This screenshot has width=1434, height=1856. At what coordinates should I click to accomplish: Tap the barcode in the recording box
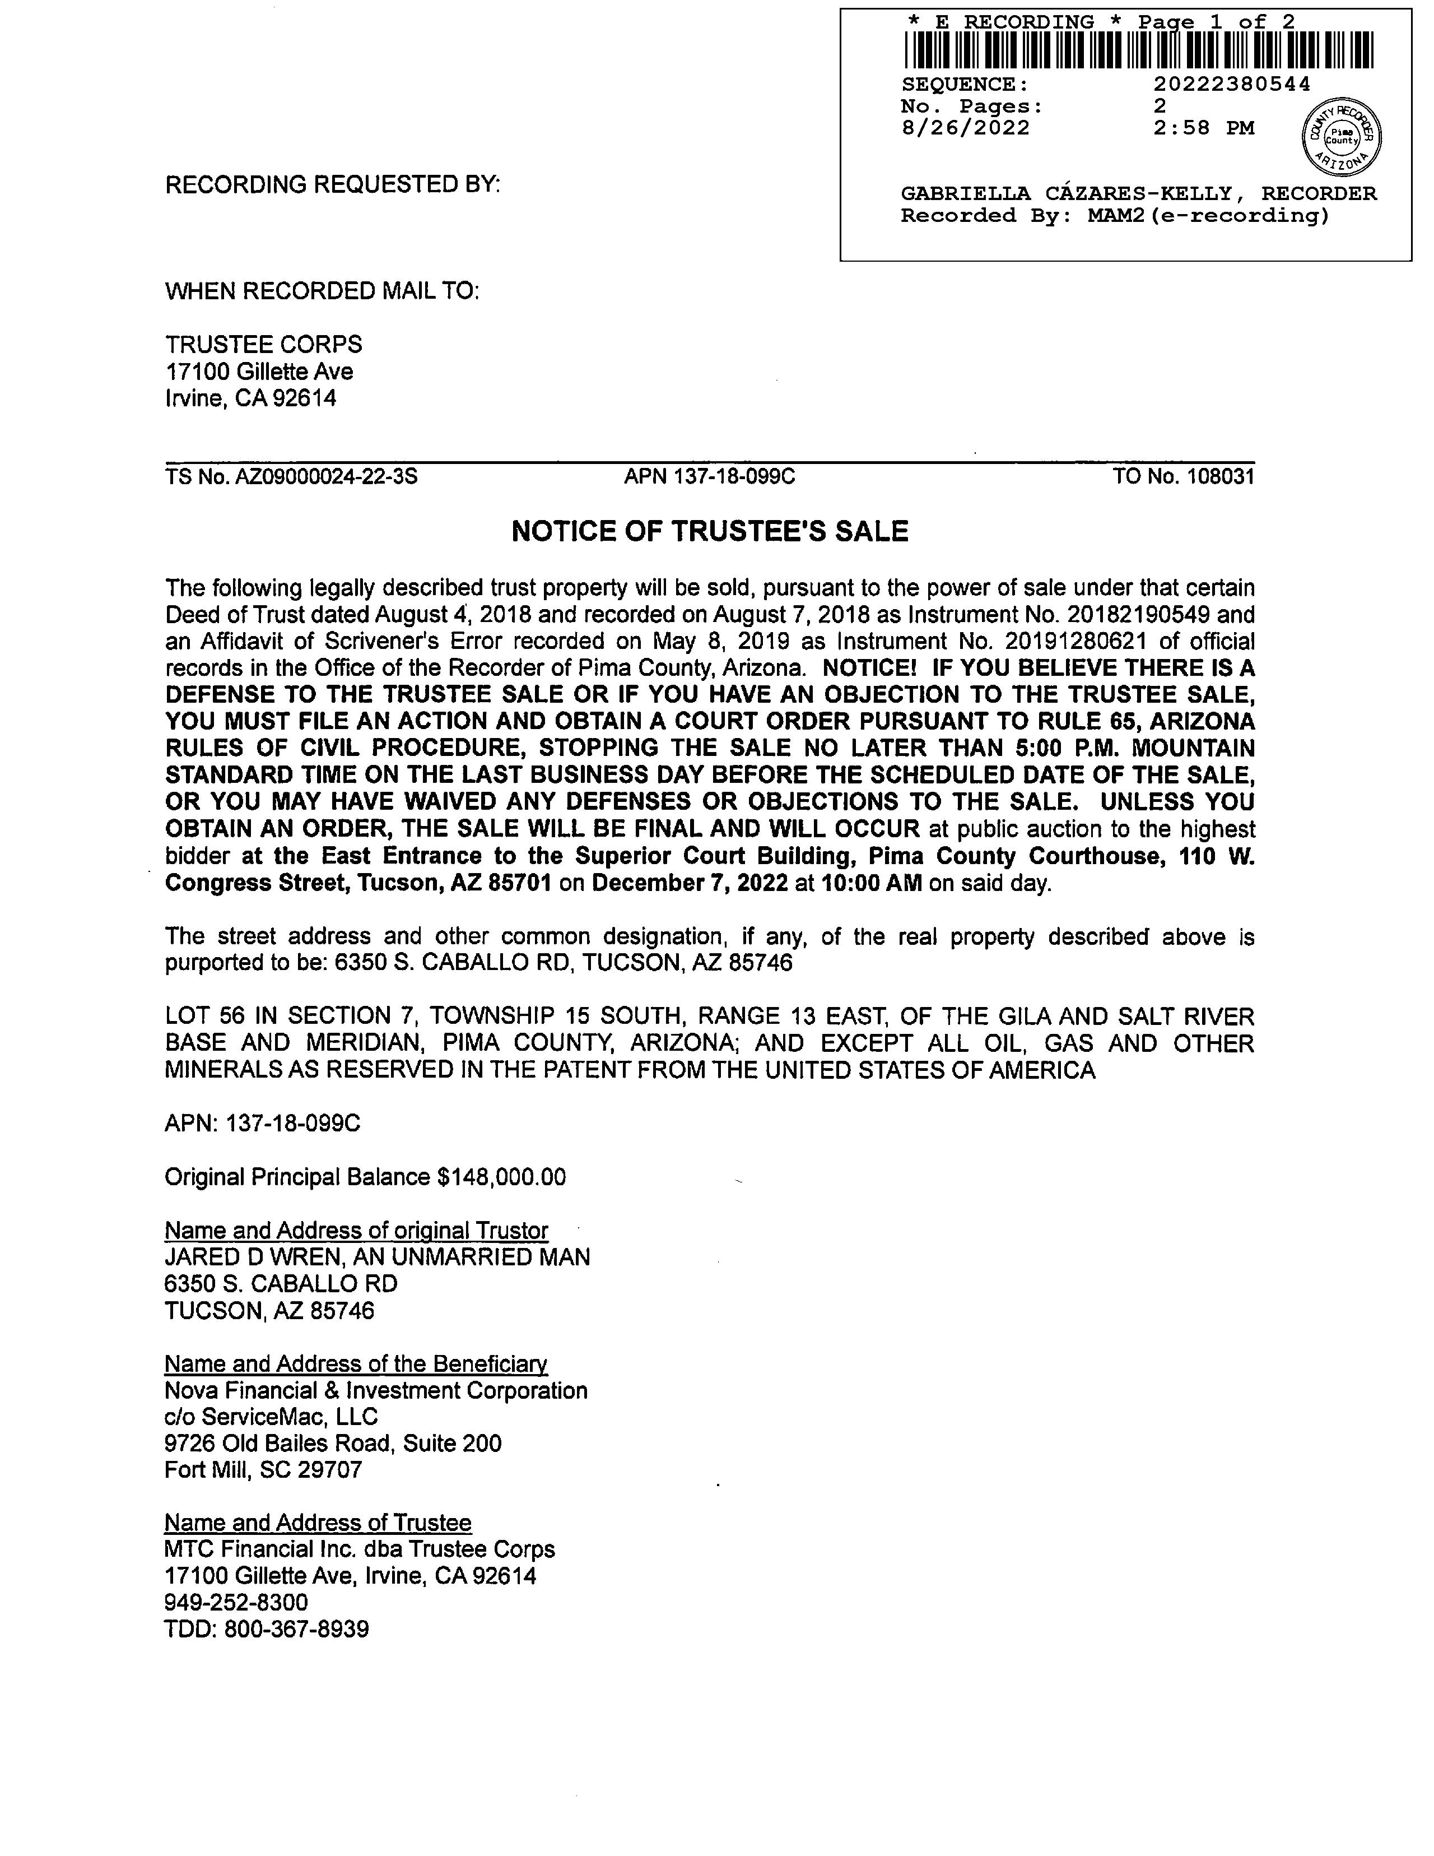(1138, 49)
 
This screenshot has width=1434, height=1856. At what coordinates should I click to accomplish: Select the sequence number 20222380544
(1232, 84)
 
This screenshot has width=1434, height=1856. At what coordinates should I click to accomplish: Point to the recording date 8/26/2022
(965, 128)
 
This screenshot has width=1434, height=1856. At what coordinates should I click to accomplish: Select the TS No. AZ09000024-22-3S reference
(291, 477)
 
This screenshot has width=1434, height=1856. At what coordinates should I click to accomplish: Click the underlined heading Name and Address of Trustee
(318, 1523)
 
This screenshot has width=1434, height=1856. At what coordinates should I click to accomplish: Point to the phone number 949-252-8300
(236, 1603)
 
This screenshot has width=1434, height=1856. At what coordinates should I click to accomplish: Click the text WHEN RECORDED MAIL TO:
(322, 291)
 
